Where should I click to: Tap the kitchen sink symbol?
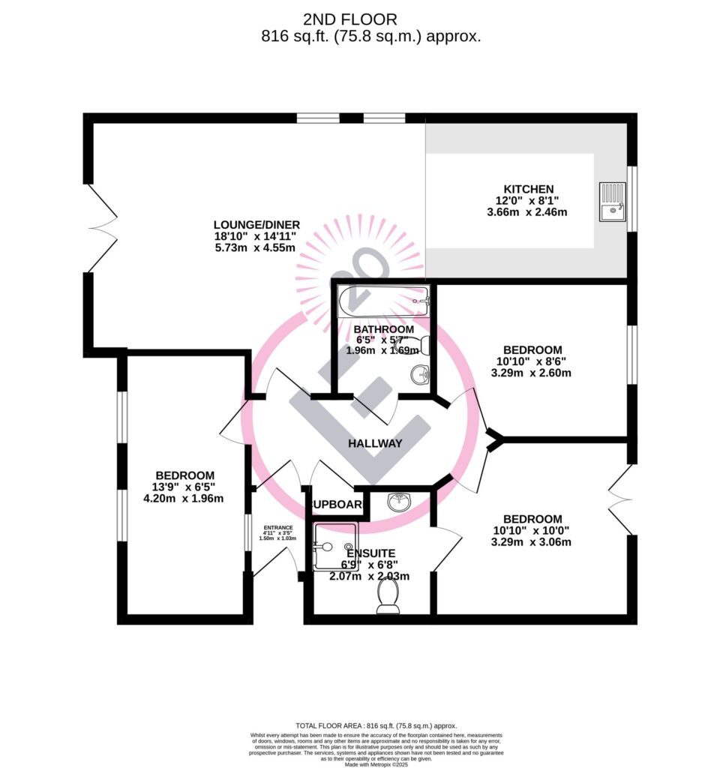(613, 202)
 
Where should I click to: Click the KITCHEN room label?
(529, 189)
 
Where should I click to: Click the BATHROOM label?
(383, 329)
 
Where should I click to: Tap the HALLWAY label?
(375, 443)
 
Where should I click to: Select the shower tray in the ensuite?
(334, 547)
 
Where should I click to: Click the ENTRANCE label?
(277, 527)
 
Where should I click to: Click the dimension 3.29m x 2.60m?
(532, 373)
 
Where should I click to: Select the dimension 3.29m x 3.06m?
(532, 542)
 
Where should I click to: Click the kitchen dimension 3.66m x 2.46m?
(529, 212)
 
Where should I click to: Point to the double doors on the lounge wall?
(103, 228)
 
